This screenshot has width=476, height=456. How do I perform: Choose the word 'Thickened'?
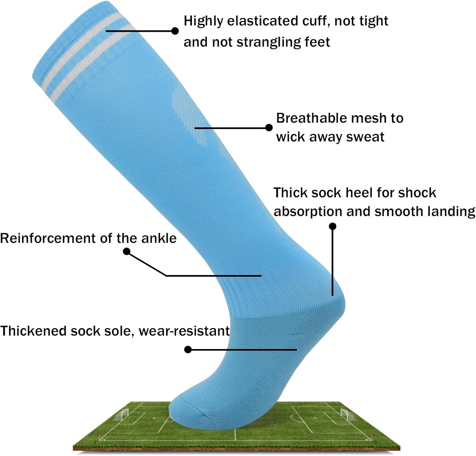pos(33,331)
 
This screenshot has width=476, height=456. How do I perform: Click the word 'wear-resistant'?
pos(184,331)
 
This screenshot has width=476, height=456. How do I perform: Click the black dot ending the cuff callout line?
pos(175,31)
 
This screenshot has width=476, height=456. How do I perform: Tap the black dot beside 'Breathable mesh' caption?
pos(269,128)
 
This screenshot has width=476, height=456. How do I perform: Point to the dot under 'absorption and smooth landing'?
pos(333,226)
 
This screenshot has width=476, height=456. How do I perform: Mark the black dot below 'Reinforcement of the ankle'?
pos(127,252)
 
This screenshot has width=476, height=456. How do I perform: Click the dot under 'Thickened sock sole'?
pos(188,350)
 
